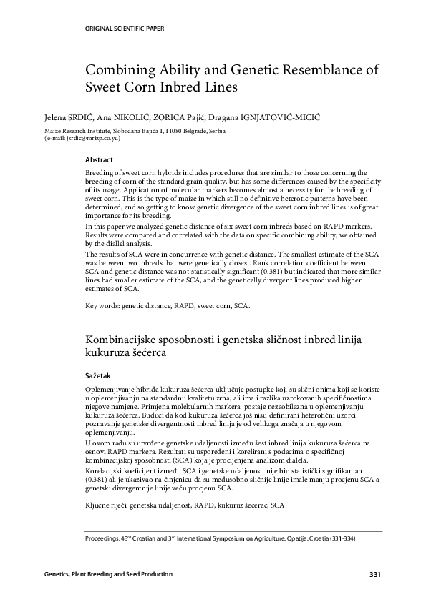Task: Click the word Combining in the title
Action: click(118, 70)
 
